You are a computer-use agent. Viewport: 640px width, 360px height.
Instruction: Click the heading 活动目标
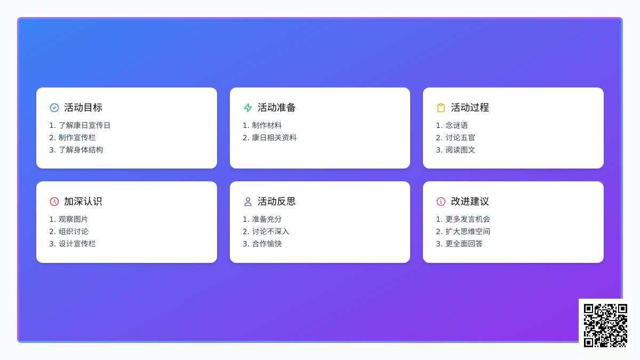pyautogui.click(x=83, y=107)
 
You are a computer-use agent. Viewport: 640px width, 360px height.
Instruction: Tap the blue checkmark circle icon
pyautogui.click(x=54, y=108)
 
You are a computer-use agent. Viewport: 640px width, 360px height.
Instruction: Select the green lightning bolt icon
pyautogui.click(x=247, y=108)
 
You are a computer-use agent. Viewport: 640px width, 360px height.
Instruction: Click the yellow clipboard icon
pyautogui.click(x=441, y=108)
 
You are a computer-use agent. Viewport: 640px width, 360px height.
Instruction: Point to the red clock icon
pyautogui.click(x=54, y=202)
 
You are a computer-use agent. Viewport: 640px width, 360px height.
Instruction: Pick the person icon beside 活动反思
pyautogui.click(x=247, y=202)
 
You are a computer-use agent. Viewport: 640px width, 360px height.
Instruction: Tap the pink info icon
pyautogui.click(x=441, y=202)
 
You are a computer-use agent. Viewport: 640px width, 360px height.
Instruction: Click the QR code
pyautogui.click(x=605, y=325)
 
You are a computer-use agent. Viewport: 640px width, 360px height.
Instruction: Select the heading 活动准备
pyautogui.click(x=276, y=107)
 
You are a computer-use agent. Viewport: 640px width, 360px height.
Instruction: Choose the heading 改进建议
pyautogui.click(x=470, y=201)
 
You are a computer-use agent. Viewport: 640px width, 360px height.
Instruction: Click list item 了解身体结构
pyautogui.click(x=81, y=150)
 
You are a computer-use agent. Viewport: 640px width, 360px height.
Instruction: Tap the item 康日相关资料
pyautogui.click(x=274, y=138)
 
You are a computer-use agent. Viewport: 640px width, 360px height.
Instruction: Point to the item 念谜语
pyautogui.click(x=457, y=125)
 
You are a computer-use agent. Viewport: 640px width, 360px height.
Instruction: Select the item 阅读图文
pyautogui.click(x=460, y=150)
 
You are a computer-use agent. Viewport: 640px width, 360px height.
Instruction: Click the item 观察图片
pyautogui.click(x=73, y=219)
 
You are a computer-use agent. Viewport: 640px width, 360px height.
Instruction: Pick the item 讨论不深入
pyautogui.click(x=270, y=231)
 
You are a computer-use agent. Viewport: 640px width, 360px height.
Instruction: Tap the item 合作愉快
pyautogui.click(x=267, y=244)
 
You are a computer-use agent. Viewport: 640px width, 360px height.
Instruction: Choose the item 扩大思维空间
pyautogui.click(x=467, y=231)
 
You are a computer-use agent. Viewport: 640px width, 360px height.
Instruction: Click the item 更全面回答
pyautogui.click(x=463, y=244)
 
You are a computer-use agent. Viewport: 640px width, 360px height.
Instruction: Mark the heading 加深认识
pyautogui.click(x=83, y=201)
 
